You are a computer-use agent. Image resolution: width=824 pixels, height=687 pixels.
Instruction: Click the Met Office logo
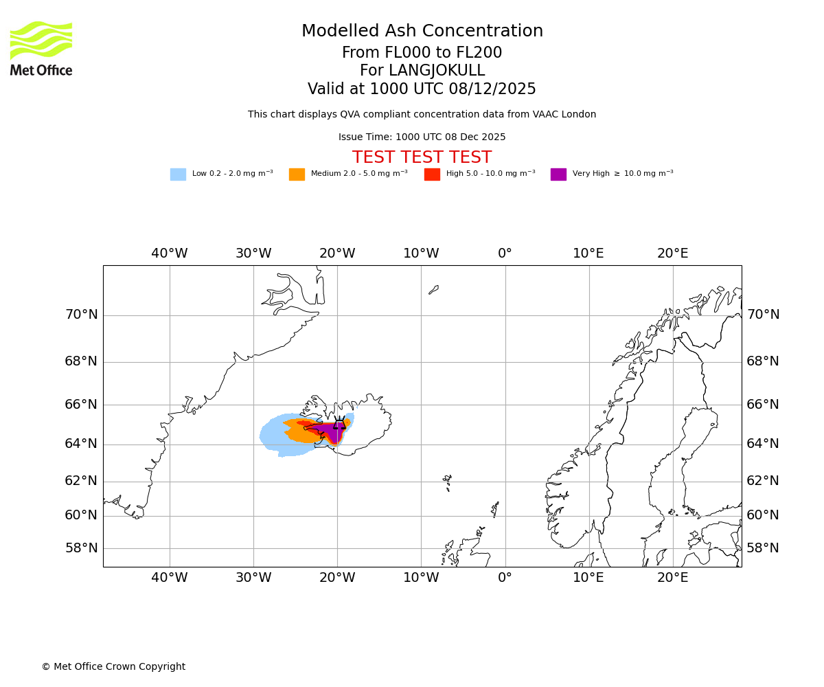(x=41, y=48)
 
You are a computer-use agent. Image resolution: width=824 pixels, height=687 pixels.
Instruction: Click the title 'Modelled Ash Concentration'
(x=422, y=32)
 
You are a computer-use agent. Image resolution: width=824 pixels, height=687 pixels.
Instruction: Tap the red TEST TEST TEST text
(x=422, y=157)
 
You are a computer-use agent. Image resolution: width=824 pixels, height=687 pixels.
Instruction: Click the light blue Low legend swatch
(x=178, y=174)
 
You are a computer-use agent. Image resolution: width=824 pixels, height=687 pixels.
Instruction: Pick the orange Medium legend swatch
(x=297, y=174)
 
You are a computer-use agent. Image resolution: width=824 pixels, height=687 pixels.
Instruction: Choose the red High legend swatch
(x=432, y=174)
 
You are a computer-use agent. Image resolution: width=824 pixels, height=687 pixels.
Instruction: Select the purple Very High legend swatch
(x=558, y=174)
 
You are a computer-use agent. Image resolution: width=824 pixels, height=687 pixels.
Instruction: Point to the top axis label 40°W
(x=169, y=254)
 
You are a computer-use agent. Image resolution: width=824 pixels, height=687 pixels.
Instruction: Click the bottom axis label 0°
(x=505, y=578)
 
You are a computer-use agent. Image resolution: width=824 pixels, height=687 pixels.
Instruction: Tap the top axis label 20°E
(x=672, y=254)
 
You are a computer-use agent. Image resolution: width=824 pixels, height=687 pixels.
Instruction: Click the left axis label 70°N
(x=81, y=315)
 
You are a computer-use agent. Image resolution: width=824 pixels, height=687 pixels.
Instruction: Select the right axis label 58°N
(x=763, y=548)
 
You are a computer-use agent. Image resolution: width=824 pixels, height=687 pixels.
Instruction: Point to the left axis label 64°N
(x=81, y=444)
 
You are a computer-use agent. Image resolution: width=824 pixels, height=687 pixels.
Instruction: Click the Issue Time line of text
(x=422, y=137)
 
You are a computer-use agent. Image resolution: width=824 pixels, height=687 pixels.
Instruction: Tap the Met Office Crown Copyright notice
(x=113, y=666)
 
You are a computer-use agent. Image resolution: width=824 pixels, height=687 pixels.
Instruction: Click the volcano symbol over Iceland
(x=339, y=423)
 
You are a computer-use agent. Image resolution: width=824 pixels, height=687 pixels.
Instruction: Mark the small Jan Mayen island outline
(x=433, y=290)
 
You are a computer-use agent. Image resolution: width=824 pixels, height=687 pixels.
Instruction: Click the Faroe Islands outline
(x=447, y=480)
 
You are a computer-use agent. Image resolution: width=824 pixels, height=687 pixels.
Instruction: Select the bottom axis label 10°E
(x=588, y=578)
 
